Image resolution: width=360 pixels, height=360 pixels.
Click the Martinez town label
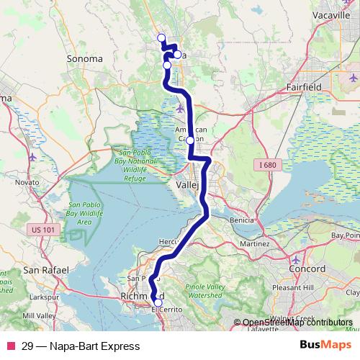coord(253,245)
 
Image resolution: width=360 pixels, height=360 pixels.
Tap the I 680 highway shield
coord(266,166)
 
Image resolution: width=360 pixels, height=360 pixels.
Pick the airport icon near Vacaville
coord(353,77)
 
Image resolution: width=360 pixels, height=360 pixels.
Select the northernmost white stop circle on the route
coord(161,38)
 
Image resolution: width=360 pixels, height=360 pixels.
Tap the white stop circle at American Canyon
coord(190,141)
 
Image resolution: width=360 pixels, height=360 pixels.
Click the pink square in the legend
coord(10,346)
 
